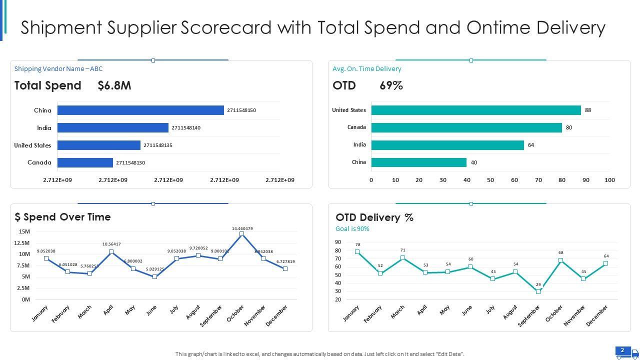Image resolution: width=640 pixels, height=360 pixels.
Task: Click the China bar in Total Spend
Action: coord(140,110)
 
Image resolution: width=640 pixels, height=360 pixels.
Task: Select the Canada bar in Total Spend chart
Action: coord(85,162)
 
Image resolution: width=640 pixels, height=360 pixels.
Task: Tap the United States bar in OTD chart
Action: coord(475,110)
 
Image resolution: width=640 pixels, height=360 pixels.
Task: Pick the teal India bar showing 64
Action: coord(447,145)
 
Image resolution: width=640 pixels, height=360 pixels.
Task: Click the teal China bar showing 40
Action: coord(418,162)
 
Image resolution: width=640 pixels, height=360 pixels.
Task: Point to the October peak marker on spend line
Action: coord(241,234)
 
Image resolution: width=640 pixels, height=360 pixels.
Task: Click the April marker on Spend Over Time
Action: coord(111,252)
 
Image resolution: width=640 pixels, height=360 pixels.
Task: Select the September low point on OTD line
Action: coord(538,291)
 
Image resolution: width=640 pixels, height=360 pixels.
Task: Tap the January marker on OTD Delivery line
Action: coord(357,251)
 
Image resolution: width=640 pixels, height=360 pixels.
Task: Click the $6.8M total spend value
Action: coord(114,85)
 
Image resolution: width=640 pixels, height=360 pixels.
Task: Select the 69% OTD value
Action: coord(391,85)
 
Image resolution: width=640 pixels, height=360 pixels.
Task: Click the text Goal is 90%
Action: coord(352,229)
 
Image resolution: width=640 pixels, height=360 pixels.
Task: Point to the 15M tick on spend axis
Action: coord(24,231)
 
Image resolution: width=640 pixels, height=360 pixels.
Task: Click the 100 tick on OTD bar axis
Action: coord(609,180)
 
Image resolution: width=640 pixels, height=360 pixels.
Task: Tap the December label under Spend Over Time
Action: coord(277,316)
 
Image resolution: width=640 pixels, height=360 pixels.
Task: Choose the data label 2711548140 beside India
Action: coord(186,128)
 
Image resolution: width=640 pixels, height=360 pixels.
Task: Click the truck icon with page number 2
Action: coord(627,352)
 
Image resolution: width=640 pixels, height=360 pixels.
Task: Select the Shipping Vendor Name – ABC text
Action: coord(58,69)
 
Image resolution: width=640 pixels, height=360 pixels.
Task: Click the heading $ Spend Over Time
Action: coord(63,217)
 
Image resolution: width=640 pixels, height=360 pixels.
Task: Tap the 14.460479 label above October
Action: coord(242,228)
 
